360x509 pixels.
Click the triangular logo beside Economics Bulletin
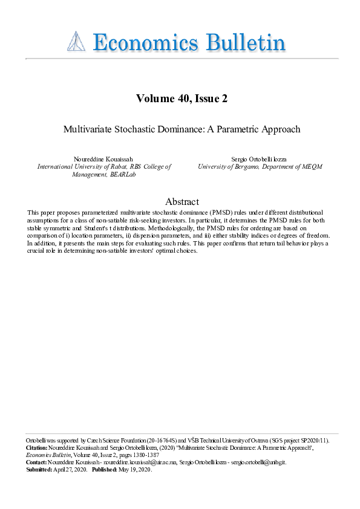coord(76,42)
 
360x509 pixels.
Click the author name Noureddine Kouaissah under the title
coord(105,158)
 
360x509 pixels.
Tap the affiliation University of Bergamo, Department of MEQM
coord(260,166)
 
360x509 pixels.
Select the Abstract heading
coord(182,202)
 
